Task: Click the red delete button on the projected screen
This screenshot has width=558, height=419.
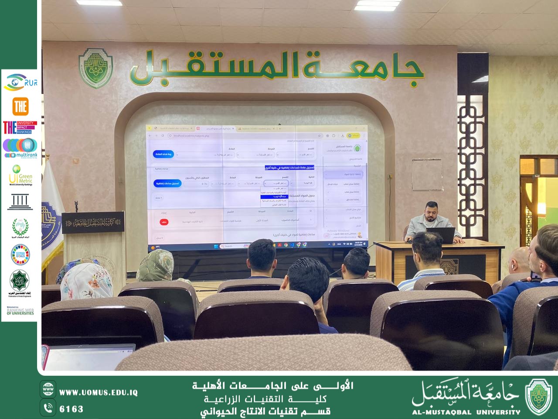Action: point(164,222)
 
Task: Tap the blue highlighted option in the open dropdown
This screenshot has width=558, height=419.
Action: point(274,197)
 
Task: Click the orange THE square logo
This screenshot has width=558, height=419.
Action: point(20,106)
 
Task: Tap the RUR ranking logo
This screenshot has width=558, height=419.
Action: point(20,82)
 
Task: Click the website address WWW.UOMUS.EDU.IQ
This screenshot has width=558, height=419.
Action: point(98,393)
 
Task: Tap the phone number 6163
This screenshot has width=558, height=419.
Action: point(71,409)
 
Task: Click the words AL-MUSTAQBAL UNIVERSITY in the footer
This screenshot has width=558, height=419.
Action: point(466,412)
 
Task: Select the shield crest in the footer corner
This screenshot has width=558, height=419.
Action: point(538,396)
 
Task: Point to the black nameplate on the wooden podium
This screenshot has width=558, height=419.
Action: point(92,223)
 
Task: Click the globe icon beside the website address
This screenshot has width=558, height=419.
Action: point(48,389)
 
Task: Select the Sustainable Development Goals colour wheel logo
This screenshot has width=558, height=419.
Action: point(20,255)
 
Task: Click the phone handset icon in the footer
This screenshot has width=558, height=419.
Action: point(48,408)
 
